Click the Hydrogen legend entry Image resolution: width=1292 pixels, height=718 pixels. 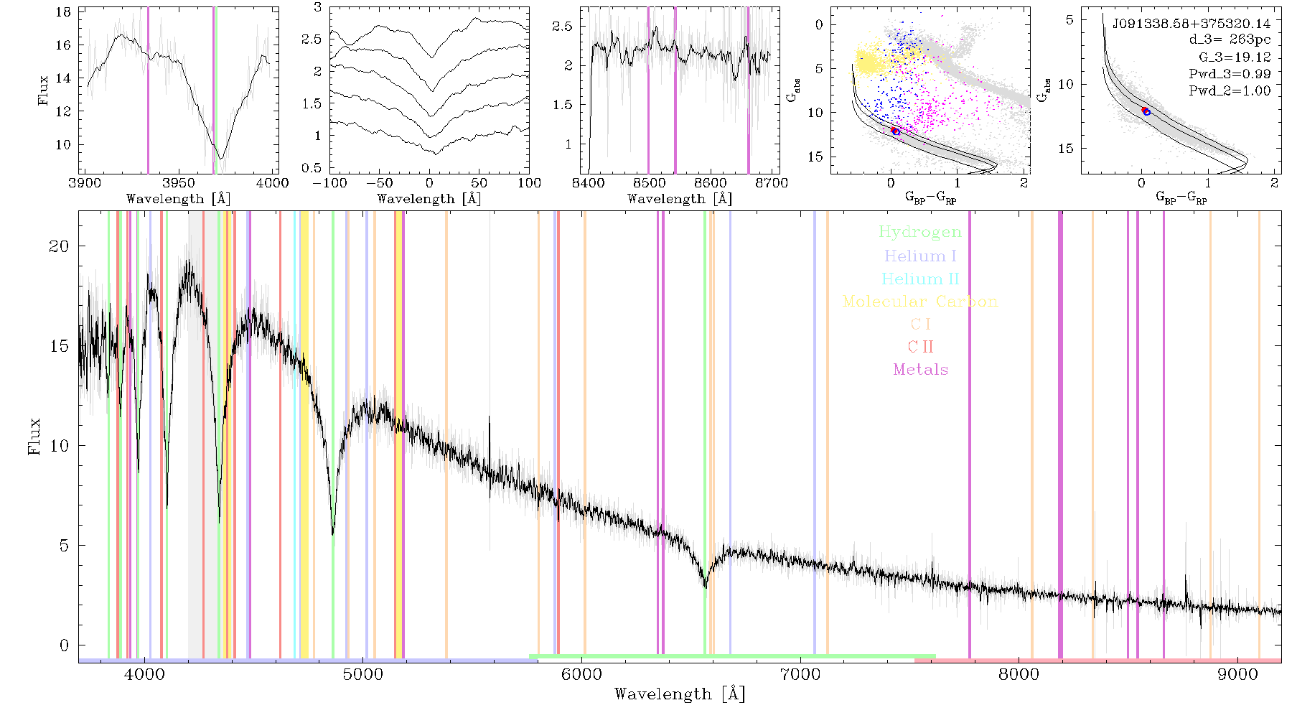point(919,233)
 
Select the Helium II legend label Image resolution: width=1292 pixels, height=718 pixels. point(920,279)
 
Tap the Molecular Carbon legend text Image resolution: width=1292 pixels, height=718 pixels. point(920,302)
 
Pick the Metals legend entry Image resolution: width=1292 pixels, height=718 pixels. point(921,370)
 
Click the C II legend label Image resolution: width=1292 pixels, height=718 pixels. point(920,347)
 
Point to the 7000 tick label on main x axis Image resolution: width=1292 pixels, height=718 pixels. point(800,675)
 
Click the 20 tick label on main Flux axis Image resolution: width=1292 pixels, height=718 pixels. point(59,246)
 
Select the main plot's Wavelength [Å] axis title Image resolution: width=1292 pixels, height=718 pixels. point(680,694)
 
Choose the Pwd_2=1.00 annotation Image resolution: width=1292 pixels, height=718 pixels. point(1230,90)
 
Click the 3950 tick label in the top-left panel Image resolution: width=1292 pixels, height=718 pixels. point(179,182)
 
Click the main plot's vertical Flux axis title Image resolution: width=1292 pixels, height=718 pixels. point(34,437)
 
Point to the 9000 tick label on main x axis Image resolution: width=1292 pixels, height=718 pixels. point(1237,675)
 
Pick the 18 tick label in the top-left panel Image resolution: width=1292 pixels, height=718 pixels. point(63,12)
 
